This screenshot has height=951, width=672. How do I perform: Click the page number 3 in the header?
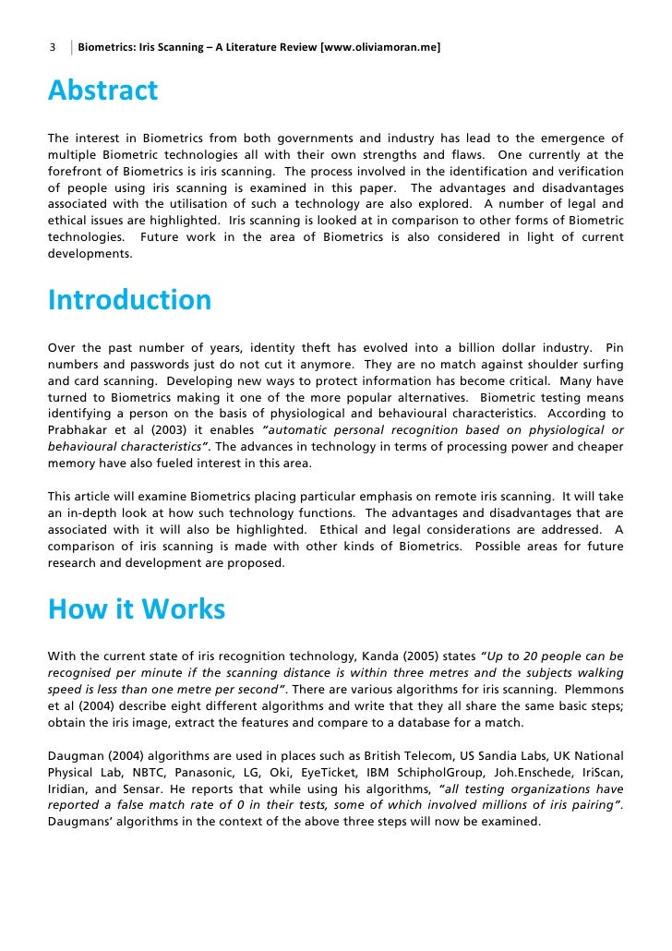click(x=53, y=46)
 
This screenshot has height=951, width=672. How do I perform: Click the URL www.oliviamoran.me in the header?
click(x=379, y=46)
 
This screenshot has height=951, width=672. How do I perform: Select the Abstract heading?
click(x=102, y=91)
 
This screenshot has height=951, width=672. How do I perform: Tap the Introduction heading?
click(x=129, y=300)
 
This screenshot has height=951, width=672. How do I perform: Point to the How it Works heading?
click(x=136, y=609)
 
